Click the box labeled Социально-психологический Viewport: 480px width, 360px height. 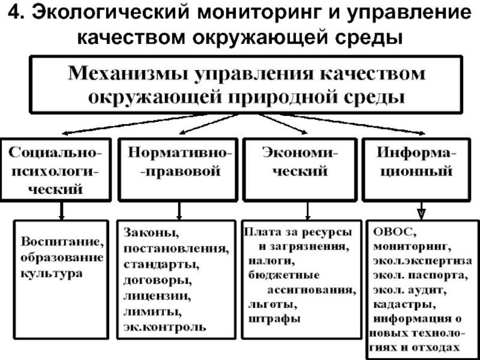coord(56,170)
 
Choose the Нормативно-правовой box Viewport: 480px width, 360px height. coord(178,170)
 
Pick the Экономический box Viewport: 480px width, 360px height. coord(300,170)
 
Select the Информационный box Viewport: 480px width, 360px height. coord(416,170)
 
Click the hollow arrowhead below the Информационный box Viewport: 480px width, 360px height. coord(422,213)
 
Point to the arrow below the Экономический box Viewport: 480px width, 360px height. coord(308,211)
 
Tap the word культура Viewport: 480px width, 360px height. coord(52,273)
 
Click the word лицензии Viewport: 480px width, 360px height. coord(157,296)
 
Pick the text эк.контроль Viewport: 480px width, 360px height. coord(164,327)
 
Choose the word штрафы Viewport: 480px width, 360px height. coord(274,319)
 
